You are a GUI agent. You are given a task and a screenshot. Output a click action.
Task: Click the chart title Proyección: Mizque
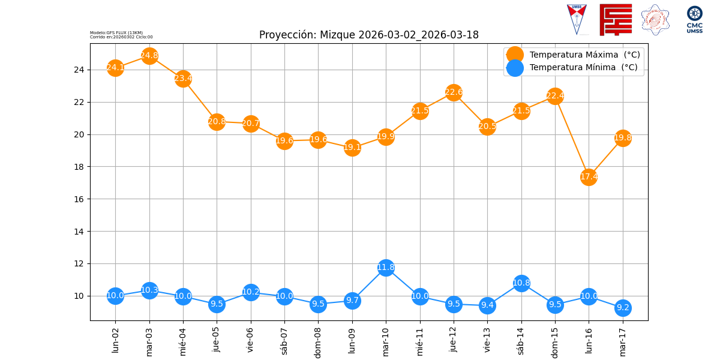pos(368,35)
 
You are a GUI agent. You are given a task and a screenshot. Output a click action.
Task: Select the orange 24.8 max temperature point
pos(149,56)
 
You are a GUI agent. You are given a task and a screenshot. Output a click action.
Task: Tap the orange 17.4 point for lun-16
pos(589,176)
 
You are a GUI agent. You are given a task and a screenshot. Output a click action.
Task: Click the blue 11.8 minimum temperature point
pos(386,268)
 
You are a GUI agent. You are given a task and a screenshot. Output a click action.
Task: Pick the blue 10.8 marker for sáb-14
pos(521,283)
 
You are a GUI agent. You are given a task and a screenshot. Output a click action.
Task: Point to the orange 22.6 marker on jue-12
pos(454,92)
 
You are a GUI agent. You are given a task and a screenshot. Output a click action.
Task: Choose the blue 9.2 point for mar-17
pos(623,308)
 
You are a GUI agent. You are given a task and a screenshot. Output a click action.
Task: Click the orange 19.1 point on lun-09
pos(352,148)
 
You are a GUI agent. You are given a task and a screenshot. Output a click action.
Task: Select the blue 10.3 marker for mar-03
pos(149,290)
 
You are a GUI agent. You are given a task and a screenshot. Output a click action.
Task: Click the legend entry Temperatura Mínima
pos(583,68)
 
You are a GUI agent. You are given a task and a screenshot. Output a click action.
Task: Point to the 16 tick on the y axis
pos(81,199)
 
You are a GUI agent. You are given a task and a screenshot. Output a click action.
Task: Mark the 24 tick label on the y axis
pos(81,70)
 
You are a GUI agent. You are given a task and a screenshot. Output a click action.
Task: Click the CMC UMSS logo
pos(694,19)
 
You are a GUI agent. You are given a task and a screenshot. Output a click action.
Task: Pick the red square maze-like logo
pos(616,20)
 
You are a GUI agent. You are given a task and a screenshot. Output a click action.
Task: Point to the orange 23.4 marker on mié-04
pos(183,79)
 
